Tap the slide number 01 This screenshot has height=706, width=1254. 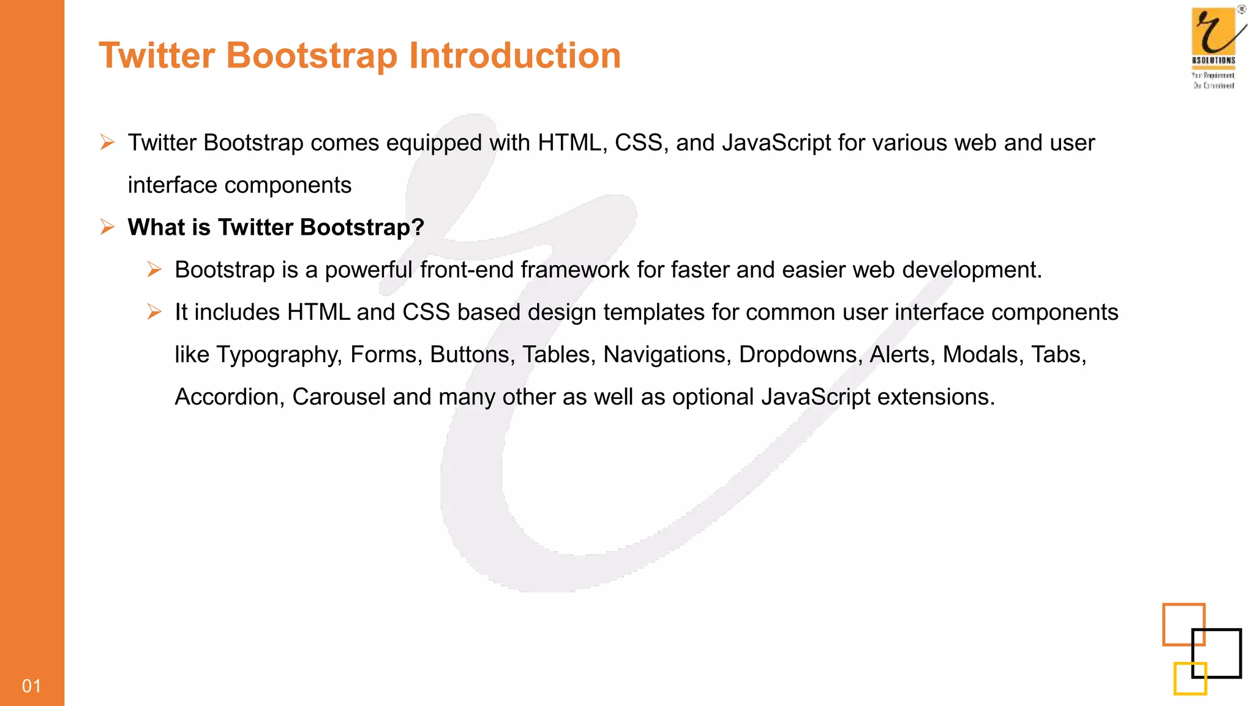(x=31, y=686)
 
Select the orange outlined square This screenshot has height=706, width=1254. (x=1183, y=624)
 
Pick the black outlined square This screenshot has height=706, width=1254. (x=1216, y=653)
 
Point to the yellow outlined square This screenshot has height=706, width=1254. (x=1190, y=678)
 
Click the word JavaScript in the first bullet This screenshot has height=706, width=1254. (x=776, y=143)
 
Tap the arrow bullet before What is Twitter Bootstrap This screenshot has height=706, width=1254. (x=107, y=227)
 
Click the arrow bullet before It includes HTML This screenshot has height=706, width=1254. (x=154, y=312)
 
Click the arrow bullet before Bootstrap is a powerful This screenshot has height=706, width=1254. (x=154, y=270)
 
